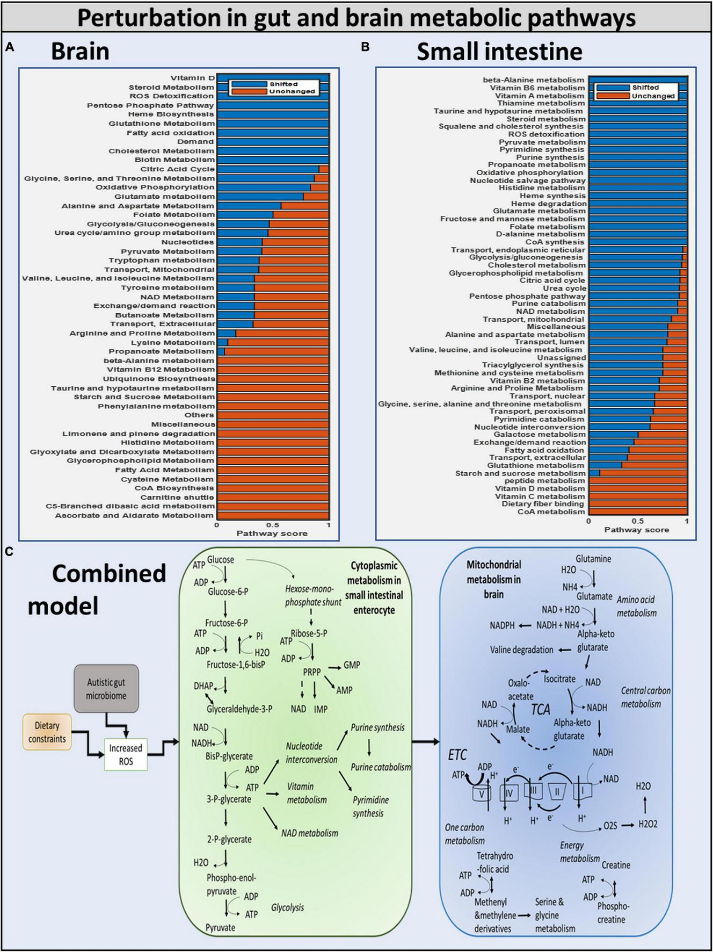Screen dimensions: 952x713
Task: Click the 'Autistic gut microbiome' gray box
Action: [106, 689]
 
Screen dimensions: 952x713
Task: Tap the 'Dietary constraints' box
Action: [47, 732]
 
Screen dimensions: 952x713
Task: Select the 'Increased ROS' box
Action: [126, 754]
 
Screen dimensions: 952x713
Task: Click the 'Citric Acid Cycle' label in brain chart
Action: [177, 169]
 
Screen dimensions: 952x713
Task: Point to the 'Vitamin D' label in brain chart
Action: [192, 78]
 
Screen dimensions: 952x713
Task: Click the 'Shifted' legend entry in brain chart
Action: [283, 84]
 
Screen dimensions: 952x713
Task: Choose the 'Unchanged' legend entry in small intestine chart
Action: [652, 96]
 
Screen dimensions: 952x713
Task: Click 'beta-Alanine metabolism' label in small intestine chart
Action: [533, 80]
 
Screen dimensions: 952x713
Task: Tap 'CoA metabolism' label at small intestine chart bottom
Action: [551, 511]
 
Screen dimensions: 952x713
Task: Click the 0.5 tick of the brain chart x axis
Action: [272, 525]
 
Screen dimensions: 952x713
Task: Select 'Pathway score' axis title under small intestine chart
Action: [636, 530]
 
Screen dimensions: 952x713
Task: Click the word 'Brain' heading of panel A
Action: [80, 52]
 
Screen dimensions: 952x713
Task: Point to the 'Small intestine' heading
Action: [499, 52]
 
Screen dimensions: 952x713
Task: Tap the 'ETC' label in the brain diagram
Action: [457, 755]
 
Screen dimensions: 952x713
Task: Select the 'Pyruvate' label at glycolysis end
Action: [220, 927]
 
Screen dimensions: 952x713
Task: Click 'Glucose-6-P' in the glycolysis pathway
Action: [228, 592]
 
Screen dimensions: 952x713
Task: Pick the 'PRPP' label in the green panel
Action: [311, 672]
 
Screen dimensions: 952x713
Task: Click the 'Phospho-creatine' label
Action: [613, 912]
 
